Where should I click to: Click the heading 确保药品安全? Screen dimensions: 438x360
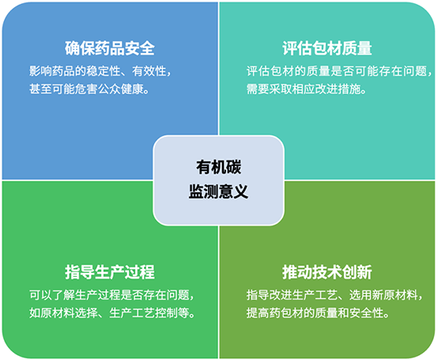click(x=110, y=48)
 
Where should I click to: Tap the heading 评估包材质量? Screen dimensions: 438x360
click(x=327, y=48)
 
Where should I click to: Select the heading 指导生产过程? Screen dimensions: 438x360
click(x=110, y=272)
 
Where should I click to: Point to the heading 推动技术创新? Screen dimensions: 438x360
click(x=327, y=272)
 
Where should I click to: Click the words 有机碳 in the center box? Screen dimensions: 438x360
click(x=219, y=167)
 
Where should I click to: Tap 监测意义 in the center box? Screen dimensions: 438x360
click(x=219, y=191)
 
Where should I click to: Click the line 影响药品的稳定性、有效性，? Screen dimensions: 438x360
click(x=100, y=71)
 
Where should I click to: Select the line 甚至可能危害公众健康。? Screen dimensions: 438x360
click(x=89, y=89)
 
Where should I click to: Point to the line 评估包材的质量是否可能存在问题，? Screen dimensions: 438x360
click(x=339, y=71)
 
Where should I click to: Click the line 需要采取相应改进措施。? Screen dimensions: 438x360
click(x=307, y=89)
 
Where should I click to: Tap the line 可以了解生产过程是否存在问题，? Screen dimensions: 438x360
click(x=111, y=295)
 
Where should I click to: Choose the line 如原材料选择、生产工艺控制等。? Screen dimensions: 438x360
click(x=112, y=313)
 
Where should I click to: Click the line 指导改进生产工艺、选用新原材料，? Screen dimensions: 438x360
click(x=334, y=295)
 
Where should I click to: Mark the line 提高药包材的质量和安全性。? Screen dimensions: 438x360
click(x=318, y=313)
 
